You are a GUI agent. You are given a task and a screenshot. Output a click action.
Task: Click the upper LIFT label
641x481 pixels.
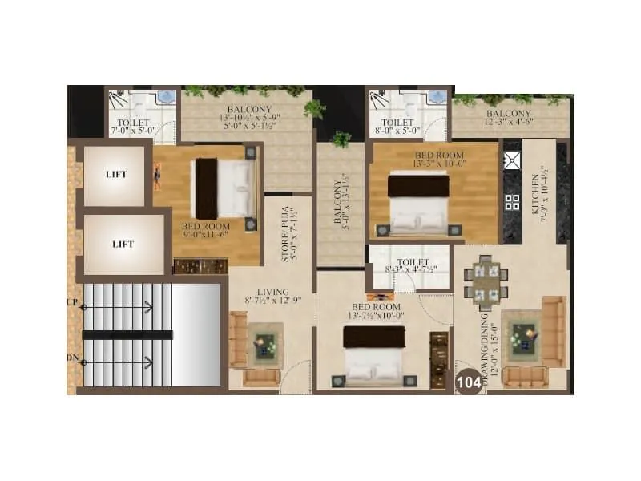(x=117, y=174)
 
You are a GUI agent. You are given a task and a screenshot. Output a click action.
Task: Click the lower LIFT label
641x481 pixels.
(x=123, y=244)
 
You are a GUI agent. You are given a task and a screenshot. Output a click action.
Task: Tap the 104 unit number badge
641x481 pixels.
(x=468, y=383)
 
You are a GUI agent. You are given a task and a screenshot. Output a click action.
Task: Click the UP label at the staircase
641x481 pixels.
(x=71, y=303)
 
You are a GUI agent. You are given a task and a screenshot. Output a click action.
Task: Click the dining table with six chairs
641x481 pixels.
(x=485, y=282)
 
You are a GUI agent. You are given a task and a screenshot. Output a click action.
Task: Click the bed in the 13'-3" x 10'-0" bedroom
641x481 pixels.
(x=418, y=204)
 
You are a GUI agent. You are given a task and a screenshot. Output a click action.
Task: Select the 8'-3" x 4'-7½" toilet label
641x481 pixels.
(x=411, y=267)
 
